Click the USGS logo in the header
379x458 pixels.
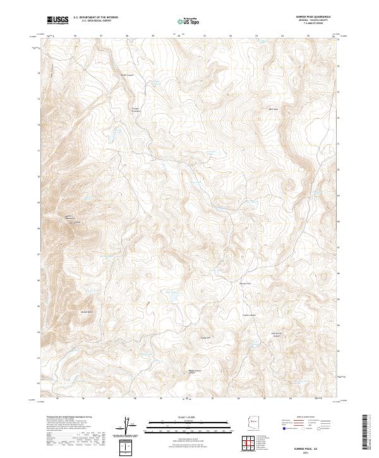tap(57, 20)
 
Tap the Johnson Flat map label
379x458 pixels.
tap(244, 284)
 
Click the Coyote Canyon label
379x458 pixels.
tap(250, 315)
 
